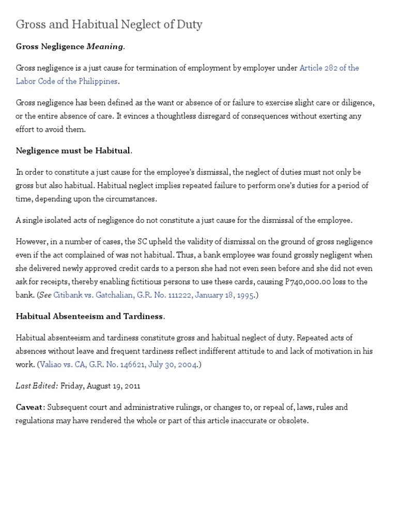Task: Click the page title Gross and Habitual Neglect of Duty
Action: [x=109, y=24]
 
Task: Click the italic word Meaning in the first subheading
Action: [x=105, y=46]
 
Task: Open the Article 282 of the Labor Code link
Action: [x=329, y=68]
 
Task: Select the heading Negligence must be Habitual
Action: [x=73, y=151]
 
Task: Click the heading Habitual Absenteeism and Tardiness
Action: [x=90, y=316]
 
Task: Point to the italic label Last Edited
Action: [x=37, y=385]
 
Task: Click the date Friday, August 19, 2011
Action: [x=100, y=385]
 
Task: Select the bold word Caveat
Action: [x=30, y=407]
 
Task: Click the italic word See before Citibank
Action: [x=45, y=295]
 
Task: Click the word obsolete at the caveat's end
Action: [x=293, y=421]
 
